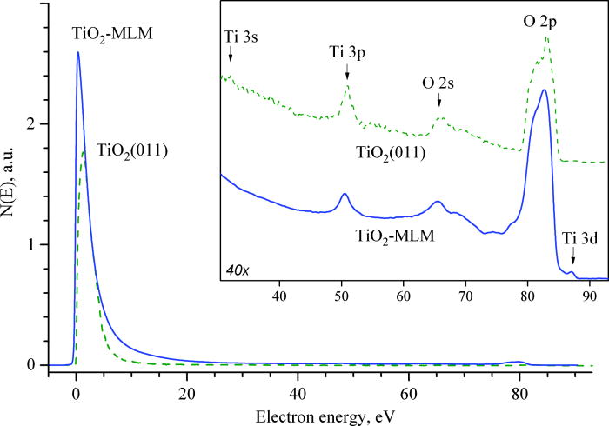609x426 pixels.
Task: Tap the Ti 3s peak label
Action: tap(231, 35)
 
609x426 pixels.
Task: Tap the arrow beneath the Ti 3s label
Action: tap(231, 54)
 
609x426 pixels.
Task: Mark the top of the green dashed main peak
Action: tap(83, 152)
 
